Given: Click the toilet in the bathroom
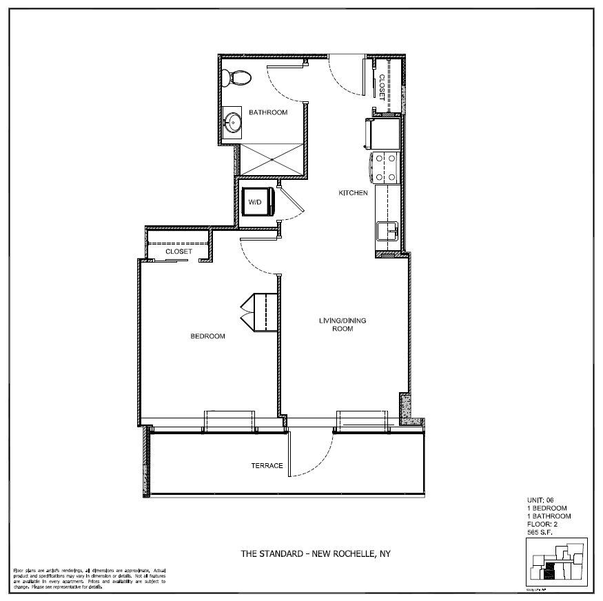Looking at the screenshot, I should tap(238, 76).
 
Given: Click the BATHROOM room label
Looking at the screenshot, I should tap(268, 112).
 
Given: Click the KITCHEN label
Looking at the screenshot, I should tap(353, 193).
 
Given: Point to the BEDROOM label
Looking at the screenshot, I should tap(207, 336).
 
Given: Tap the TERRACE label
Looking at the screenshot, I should tap(267, 466).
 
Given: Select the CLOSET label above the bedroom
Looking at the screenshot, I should tap(178, 252).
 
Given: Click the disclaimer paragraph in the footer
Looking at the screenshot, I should tap(89, 578).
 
